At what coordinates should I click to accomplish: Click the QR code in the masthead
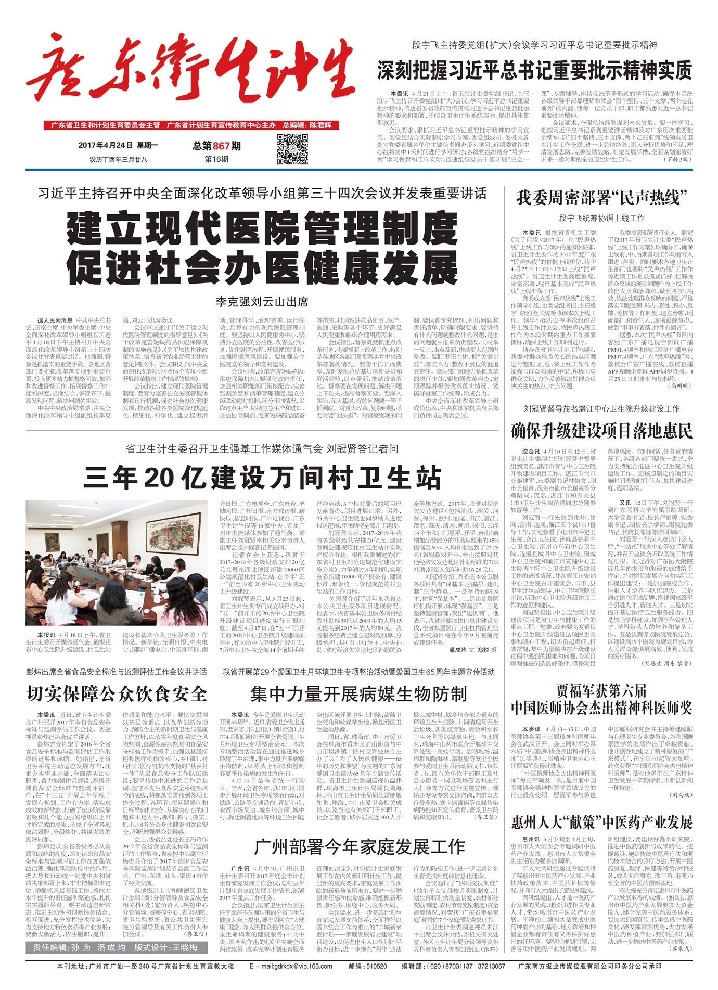(292, 149)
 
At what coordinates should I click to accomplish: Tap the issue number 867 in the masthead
(221, 146)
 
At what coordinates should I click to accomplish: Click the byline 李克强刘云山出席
(262, 301)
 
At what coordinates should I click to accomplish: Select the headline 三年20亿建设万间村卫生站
(262, 478)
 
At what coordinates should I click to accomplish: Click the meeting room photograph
(117, 563)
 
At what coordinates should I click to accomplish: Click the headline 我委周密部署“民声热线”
(602, 198)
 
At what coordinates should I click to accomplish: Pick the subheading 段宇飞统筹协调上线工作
(602, 218)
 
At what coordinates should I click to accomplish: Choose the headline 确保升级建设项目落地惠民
(602, 431)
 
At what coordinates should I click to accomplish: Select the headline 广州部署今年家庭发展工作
(358, 847)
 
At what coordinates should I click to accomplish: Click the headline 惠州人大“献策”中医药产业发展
(602, 822)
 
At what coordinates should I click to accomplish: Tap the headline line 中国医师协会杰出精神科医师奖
(602, 708)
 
